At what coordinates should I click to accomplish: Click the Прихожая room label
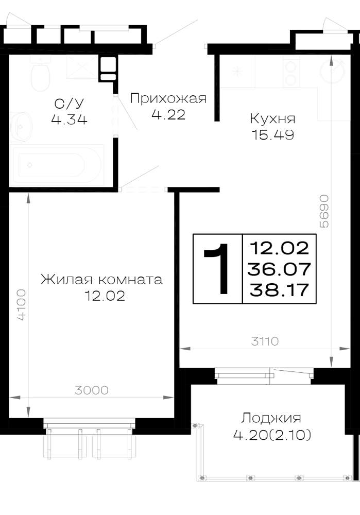click(x=168, y=98)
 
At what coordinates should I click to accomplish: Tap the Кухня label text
click(x=272, y=118)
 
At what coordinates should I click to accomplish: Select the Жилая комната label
click(x=101, y=280)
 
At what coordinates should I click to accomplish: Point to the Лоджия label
click(x=271, y=418)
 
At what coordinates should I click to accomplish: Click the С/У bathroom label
click(x=70, y=104)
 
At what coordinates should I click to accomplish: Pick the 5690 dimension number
click(x=324, y=211)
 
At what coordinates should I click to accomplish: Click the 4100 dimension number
click(x=21, y=305)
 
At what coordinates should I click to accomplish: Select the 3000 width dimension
click(x=91, y=390)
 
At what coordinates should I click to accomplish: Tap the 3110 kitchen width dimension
click(x=265, y=341)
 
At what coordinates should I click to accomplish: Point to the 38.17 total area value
click(x=279, y=290)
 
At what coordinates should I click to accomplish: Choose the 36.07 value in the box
click(x=279, y=269)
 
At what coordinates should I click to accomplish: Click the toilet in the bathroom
click(x=40, y=74)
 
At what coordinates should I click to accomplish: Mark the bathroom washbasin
click(x=21, y=127)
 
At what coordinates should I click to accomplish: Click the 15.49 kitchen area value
click(x=272, y=134)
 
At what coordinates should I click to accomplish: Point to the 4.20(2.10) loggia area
click(x=272, y=435)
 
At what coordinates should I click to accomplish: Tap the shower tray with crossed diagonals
click(x=82, y=67)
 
